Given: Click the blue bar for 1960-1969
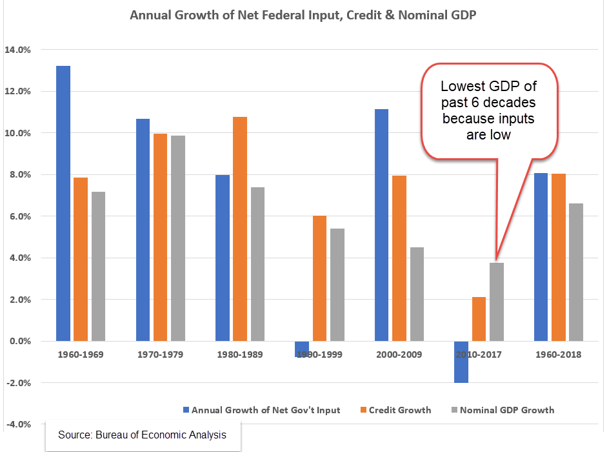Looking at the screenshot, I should click(x=63, y=203).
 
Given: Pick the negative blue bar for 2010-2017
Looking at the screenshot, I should click(x=461, y=362).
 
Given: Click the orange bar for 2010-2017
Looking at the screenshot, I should click(x=478, y=319).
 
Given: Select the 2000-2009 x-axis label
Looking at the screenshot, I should click(x=399, y=354).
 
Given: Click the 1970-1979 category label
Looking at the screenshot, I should click(x=161, y=354).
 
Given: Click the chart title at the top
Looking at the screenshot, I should click(x=303, y=15).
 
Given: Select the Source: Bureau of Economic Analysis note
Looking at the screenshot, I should click(x=142, y=435).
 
